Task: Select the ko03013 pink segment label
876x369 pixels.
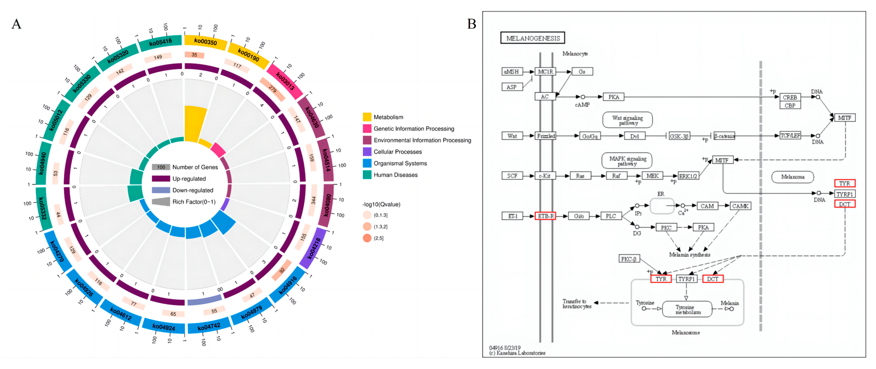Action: click(285, 81)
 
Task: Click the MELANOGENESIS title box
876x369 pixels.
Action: click(533, 38)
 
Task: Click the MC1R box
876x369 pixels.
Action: click(545, 72)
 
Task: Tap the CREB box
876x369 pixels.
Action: click(790, 97)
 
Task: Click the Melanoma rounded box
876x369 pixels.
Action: click(792, 177)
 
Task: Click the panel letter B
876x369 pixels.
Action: click(472, 24)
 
